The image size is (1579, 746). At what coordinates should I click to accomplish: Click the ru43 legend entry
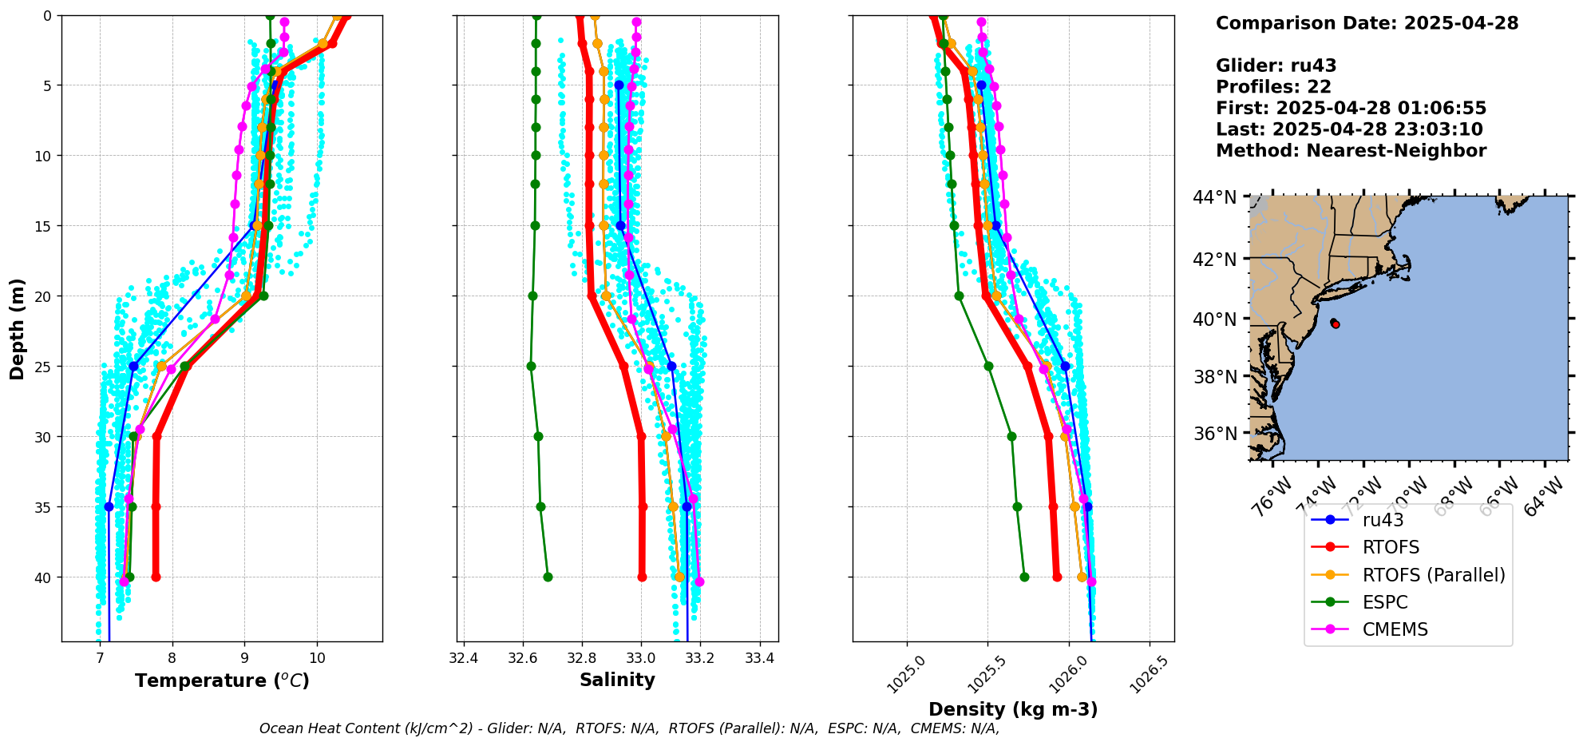tap(1383, 520)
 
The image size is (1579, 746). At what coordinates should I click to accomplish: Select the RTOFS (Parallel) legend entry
tap(1434, 575)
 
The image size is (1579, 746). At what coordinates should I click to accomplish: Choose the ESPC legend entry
tap(1385, 602)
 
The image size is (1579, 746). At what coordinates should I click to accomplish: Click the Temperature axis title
tap(222, 681)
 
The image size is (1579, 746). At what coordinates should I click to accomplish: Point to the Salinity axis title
tap(617, 680)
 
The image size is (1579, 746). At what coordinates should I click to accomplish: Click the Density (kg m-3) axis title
tap(1013, 709)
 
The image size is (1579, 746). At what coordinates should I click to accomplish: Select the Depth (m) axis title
tap(18, 328)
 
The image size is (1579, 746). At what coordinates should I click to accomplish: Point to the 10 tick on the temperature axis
tap(317, 658)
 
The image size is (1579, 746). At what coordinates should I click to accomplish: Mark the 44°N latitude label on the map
tap(1215, 197)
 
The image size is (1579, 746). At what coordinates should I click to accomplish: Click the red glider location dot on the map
tap(1336, 323)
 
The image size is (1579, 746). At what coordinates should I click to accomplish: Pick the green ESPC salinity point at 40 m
tap(548, 577)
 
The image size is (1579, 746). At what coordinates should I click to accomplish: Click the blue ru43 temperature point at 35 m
tap(109, 506)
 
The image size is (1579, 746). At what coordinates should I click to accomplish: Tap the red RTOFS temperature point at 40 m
tap(156, 577)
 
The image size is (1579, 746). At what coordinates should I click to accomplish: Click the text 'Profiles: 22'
tap(1273, 87)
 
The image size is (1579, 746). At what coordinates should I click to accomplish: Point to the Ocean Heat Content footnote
tap(629, 728)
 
